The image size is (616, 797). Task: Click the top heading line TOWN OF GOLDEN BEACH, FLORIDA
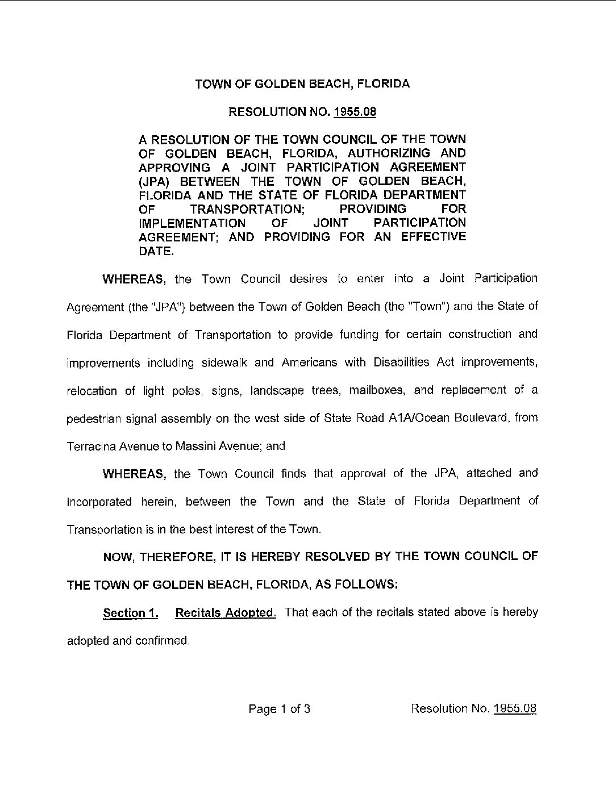302,84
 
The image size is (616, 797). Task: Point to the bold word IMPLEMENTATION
192,223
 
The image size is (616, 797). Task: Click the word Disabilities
401,362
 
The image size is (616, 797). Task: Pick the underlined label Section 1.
130,613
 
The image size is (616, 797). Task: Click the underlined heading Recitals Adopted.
226,613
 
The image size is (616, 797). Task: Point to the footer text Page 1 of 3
279,709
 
